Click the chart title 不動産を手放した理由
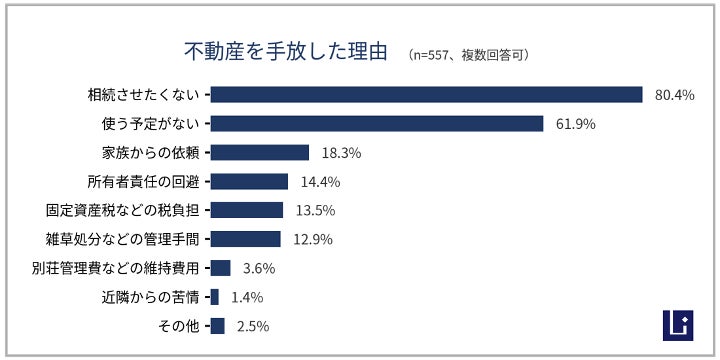(x=286, y=52)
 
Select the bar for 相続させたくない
(x=427, y=95)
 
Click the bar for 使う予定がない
(x=377, y=124)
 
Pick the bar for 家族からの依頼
(x=260, y=152)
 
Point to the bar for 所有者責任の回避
(x=249, y=181)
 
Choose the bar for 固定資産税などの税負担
(x=247, y=210)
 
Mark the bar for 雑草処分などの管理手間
(x=246, y=239)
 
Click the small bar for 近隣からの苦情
(x=214, y=297)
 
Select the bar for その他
(x=218, y=326)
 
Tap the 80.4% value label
(x=675, y=95)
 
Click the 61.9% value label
(x=575, y=124)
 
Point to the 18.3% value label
(x=341, y=153)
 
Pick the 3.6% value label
(x=259, y=268)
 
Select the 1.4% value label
(x=247, y=297)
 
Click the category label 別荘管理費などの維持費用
(x=116, y=268)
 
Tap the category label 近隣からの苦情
(x=150, y=297)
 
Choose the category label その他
(x=179, y=326)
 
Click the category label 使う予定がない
(x=150, y=124)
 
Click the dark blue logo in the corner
(x=678, y=326)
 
